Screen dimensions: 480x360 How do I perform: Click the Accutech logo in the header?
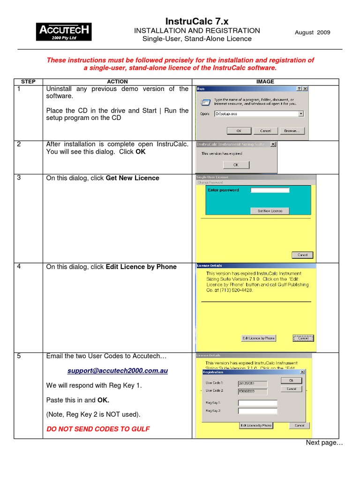pyautogui.click(x=64, y=31)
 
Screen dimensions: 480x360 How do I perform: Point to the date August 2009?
pyautogui.click(x=312, y=32)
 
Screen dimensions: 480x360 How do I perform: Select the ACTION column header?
pyautogui.click(x=117, y=82)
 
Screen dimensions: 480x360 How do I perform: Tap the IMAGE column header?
pyautogui.click(x=265, y=82)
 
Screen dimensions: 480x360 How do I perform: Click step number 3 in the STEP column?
pyautogui.click(x=19, y=178)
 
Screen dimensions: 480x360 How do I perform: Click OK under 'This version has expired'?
pyautogui.click(x=236, y=165)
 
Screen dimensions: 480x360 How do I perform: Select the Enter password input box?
pyautogui.click(x=270, y=190)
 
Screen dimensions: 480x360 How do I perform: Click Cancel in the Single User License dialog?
pyautogui.click(x=302, y=255)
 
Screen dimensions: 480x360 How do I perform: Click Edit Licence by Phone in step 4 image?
pyautogui.click(x=258, y=338)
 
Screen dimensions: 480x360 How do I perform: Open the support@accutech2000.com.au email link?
pyautogui.click(x=117, y=371)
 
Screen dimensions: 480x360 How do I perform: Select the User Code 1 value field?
pyautogui.click(x=252, y=383)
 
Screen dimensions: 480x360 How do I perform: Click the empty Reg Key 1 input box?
pyautogui.click(x=257, y=403)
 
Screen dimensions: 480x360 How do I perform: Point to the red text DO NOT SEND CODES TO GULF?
pyautogui.click(x=98, y=429)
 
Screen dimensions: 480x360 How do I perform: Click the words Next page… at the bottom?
pyautogui.click(x=324, y=443)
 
